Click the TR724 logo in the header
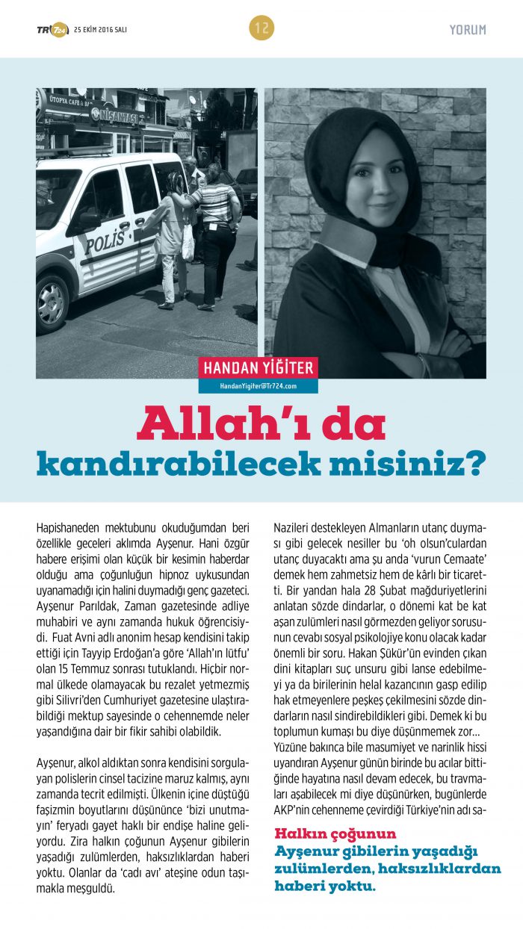tap(52, 29)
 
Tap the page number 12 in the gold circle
tap(261, 28)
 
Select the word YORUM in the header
tap(468, 30)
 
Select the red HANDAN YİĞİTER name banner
tap(259, 367)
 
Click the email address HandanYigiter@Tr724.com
tap(259, 386)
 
